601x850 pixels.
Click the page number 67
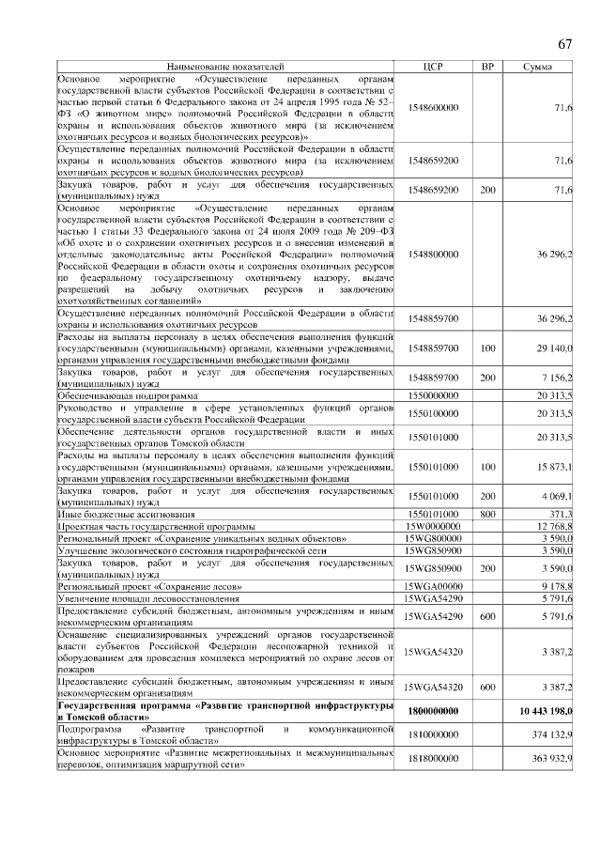pyautogui.click(x=564, y=43)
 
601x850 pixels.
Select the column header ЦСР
pyautogui.click(x=433, y=67)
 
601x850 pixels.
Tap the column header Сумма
pyautogui.click(x=538, y=67)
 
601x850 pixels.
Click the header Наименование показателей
pyautogui.click(x=224, y=67)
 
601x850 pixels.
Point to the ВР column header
pyautogui.click(x=487, y=67)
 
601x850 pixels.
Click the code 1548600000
pyautogui.click(x=433, y=108)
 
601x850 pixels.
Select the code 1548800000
pyautogui.click(x=433, y=255)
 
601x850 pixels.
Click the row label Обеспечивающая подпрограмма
pyautogui.click(x=127, y=396)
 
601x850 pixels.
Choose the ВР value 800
pyautogui.click(x=487, y=515)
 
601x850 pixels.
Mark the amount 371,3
pyautogui.click(x=561, y=515)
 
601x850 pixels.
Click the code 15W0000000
pyautogui.click(x=433, y=527)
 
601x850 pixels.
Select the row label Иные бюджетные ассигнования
pyautogui.click(x=126, y=515)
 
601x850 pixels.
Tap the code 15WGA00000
pyautogui.click(x=433, y=585)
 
